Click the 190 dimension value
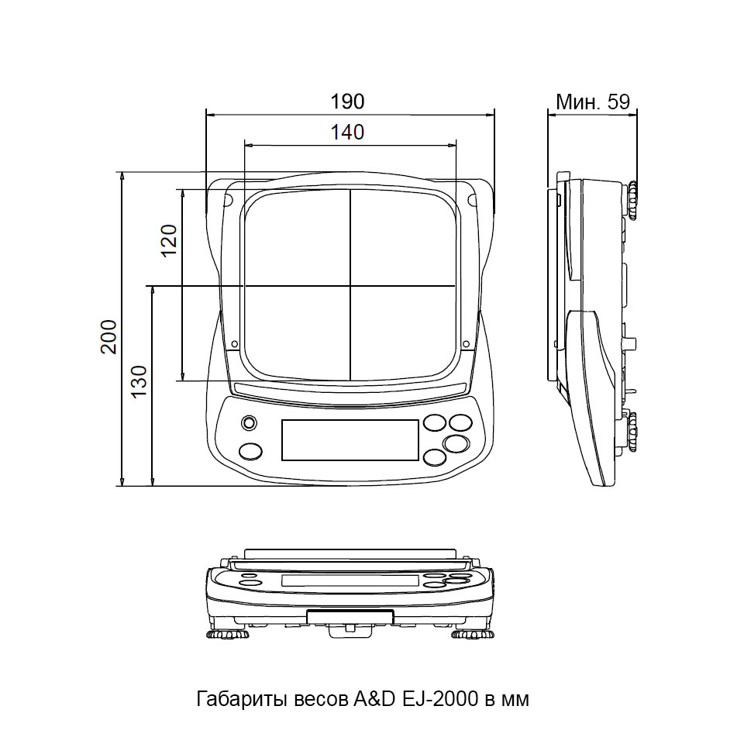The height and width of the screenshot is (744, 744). [x=347, y=102]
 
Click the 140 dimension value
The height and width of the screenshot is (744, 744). [x=347, y=133]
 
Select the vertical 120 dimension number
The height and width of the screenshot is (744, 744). [x=169, y=240]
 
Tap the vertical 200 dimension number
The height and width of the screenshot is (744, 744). [x=108, y=336]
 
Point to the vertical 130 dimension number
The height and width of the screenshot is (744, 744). [x=139, y=382]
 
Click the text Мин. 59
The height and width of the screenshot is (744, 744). [x=593, y=102]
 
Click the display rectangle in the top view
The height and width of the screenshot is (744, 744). [x=350, y=440]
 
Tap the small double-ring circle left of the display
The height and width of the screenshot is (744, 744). [x=249, y=422]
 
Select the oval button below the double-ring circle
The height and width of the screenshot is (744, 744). [x=250, y=451]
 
